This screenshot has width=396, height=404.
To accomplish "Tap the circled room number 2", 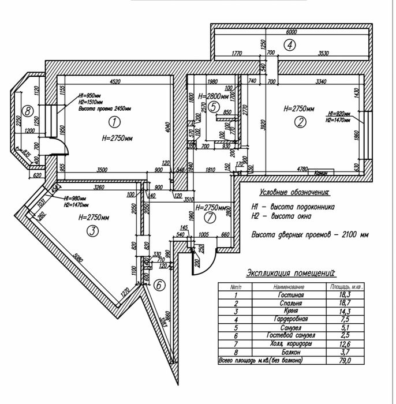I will pyautogui.click(x=300, y=122).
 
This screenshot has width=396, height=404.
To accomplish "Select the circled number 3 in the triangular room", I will pyautogui.click(x=91, y=231).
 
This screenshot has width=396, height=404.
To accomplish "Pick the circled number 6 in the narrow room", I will pyautogui.click(x=160, y=284).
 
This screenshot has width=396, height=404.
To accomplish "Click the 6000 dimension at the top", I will pyautogui.click(x=291, y=32).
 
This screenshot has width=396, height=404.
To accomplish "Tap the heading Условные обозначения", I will pyautogui.click(x=294, y=192).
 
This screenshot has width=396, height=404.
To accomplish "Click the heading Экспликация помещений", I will pyautogui.click(x=291, y=273).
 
